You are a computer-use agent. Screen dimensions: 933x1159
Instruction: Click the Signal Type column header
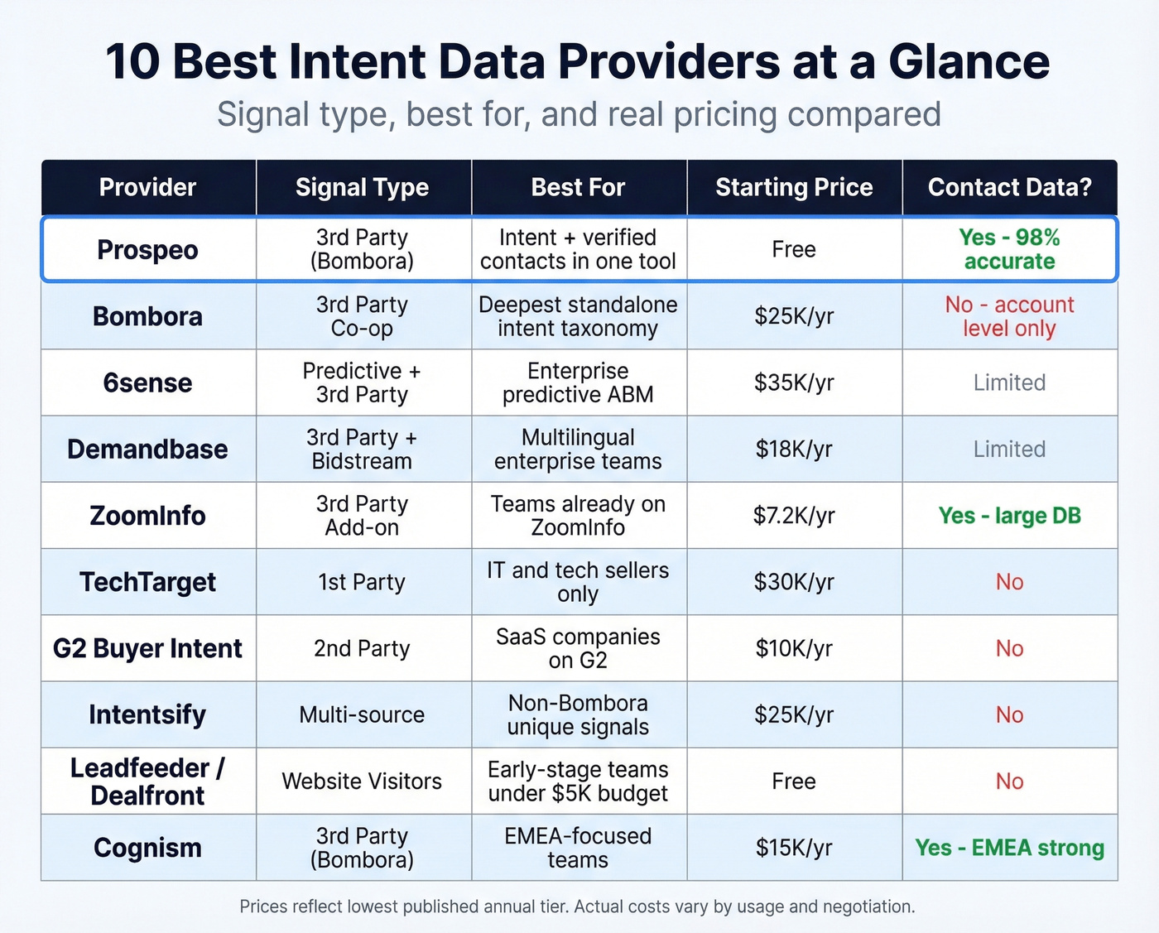point(362,188)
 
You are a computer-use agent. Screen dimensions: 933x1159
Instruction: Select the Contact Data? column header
point(1009,188)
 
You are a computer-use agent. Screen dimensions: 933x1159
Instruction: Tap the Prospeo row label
point(147,250)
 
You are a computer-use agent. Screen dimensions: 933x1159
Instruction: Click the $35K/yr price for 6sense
point(793,382)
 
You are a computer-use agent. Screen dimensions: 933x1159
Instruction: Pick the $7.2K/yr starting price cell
point(793,516)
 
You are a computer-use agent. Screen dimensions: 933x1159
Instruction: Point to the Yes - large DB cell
point(1009,516)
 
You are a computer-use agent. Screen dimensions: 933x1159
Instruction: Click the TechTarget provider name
point(147,582)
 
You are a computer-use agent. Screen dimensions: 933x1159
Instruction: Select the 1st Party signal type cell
point(362,582)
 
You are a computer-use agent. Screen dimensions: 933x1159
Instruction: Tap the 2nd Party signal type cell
point(362,648)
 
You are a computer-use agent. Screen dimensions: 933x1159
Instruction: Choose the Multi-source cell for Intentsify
point(362,714)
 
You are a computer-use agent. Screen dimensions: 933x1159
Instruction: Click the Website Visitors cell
point(362,781)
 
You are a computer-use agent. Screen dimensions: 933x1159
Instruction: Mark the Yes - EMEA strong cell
point(1009,848)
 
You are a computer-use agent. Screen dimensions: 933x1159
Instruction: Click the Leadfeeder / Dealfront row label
point(147,781)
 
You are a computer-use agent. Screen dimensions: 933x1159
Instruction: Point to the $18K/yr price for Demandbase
point(793,449)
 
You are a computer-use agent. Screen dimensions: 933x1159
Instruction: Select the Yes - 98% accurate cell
point(1009,249)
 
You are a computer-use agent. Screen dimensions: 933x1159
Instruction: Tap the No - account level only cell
point(1009,316)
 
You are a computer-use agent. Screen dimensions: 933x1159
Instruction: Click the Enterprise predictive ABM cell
point(578,382)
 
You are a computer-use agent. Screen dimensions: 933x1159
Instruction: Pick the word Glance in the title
point(969,62)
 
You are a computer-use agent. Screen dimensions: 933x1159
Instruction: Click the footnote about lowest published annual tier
point(577,907)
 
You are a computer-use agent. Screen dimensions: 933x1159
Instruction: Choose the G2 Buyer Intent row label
point(147,648)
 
